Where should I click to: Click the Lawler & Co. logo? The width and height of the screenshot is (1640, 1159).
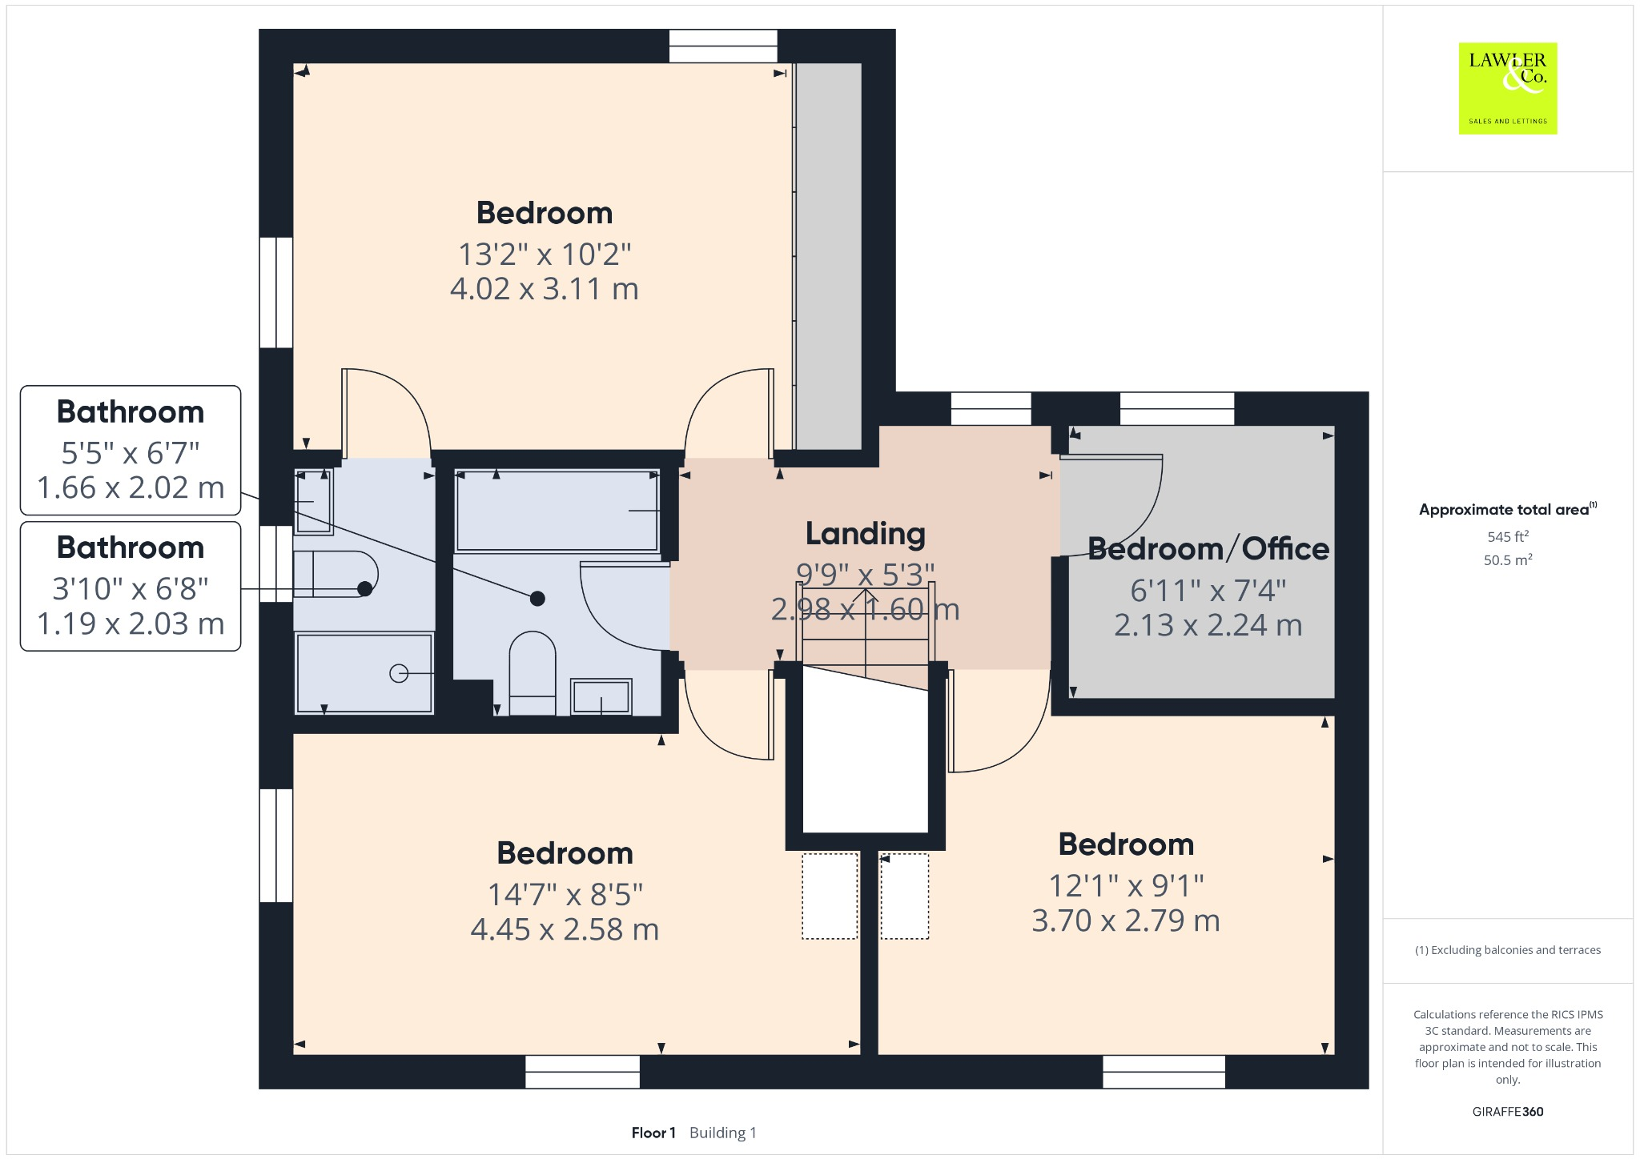(1507, 88)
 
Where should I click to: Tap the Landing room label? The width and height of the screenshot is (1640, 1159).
(865, 533)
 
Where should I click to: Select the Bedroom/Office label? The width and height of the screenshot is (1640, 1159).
(1208, 548)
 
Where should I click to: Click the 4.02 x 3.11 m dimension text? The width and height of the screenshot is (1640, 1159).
(545, 289)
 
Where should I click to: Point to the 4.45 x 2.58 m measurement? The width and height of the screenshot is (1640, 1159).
(565, 929)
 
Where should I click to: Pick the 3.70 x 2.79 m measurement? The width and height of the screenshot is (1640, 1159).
(1126, 920)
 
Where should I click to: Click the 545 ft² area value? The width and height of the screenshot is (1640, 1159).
(1508, 536)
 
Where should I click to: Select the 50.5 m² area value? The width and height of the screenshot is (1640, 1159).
(1508, 559)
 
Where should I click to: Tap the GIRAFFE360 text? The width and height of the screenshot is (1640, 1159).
(1508, 1111)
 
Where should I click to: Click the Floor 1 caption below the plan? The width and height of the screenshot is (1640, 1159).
(653, 1133)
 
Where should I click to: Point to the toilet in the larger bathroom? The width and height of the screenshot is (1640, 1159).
(533, 673)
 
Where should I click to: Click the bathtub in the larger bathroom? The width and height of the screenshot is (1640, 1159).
(557, 511)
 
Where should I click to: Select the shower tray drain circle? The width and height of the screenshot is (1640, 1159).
(399, 674)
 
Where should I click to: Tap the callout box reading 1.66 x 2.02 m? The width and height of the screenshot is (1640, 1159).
(131, 450)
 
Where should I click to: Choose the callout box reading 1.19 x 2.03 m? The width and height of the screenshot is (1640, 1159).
(131, 586)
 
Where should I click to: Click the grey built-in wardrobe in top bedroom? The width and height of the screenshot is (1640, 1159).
(828, 256)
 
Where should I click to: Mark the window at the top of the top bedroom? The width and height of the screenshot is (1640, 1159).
(723, 46)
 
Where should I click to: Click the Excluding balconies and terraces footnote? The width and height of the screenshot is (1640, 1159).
(1508, 950)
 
